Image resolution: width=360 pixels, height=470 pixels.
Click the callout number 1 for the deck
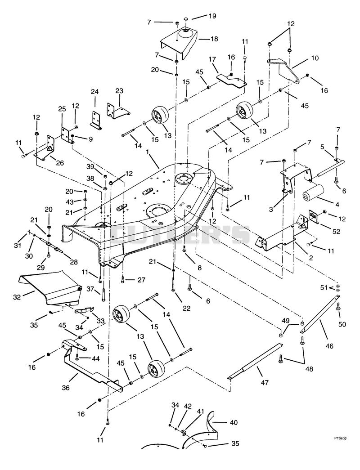148,152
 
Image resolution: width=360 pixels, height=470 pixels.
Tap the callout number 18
214,39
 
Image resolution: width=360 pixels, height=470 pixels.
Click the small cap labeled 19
185,19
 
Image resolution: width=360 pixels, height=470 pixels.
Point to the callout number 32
18,297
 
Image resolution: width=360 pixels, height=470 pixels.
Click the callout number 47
265,382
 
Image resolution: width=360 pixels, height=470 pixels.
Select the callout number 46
329,346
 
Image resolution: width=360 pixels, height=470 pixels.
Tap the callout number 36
66,388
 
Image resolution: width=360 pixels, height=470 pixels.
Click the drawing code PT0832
340,438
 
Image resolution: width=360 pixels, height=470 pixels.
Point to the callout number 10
315,58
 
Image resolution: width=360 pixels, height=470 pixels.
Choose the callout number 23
119,91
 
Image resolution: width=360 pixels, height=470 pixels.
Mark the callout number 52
336,231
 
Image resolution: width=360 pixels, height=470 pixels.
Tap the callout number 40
234,422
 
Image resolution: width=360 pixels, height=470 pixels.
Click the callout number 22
187,309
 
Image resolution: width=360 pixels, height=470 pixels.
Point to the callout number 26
60,163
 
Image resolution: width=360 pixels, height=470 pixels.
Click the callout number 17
212,59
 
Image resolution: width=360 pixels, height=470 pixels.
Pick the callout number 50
342,324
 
